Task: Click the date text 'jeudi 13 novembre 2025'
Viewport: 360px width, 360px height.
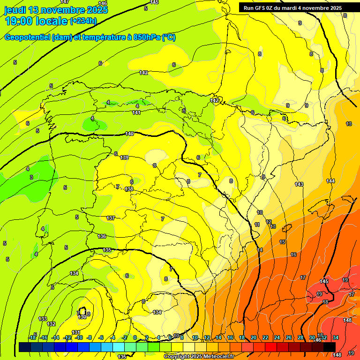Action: pos(52,10)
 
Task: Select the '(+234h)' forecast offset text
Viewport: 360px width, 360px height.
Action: pos(83,21)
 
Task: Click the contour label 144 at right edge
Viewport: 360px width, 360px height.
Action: pos(330,181)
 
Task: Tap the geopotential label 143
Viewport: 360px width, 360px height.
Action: pos(299,184)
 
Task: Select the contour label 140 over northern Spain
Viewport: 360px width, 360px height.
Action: pos(130,134)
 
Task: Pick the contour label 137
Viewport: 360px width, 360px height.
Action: pos(111,218)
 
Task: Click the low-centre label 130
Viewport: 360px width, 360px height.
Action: pos(82,317)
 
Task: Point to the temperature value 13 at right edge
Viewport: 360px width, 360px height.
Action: pos(349,124)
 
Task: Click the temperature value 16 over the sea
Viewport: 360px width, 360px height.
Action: pos(293,255)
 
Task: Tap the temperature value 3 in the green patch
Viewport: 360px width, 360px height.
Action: pos(31,177)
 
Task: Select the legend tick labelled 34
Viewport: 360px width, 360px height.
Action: pos(335,337)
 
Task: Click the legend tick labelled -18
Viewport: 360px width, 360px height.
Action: pos(32,337)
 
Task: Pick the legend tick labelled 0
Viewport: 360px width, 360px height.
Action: pos(135,337)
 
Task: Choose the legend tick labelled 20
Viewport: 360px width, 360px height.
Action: pos(254,337)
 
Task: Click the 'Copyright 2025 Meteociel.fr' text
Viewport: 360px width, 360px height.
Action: pos(199,357)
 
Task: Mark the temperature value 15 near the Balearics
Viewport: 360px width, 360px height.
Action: pos(282,242)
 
